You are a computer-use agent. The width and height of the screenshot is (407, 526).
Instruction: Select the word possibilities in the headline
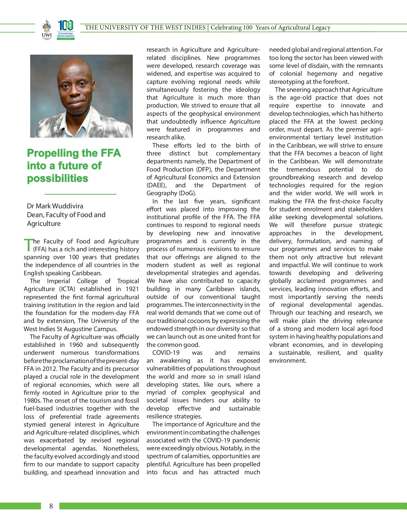57,178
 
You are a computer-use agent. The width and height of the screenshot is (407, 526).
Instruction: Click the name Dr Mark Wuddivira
55,206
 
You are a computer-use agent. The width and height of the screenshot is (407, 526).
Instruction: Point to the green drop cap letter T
28,245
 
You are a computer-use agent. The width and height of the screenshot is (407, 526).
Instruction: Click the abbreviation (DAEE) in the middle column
156,185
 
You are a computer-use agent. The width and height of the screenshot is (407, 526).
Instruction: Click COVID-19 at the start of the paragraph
166,353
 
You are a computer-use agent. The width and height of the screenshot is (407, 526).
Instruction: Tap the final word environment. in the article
288,361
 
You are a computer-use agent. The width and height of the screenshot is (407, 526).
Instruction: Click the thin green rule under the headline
80,194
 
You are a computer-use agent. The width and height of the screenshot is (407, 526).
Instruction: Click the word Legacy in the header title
321,27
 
